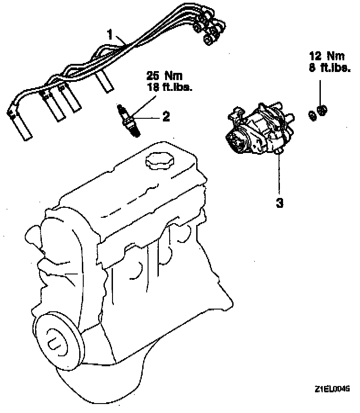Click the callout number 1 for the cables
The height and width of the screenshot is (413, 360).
[110, 34]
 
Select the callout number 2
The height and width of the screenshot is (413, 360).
[166, 117]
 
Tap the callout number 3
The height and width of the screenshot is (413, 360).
[279, 202]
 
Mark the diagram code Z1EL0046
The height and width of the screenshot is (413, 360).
[332, 388]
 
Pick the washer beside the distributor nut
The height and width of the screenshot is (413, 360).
[311, 115]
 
